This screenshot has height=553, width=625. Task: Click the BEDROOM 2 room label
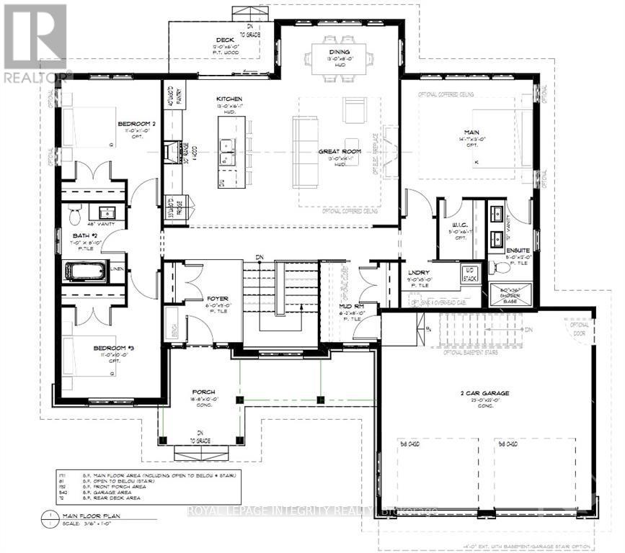click(137, 125)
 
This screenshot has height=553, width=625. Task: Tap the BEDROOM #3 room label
click(114, 349)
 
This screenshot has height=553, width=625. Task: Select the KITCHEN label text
click(230, 99)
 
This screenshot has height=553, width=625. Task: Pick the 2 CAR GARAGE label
click(485, 393)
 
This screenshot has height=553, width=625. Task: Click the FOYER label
click(218, 295)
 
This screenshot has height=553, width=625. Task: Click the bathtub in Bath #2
click(86, 271)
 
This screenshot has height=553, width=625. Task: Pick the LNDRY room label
click(420, 272)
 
